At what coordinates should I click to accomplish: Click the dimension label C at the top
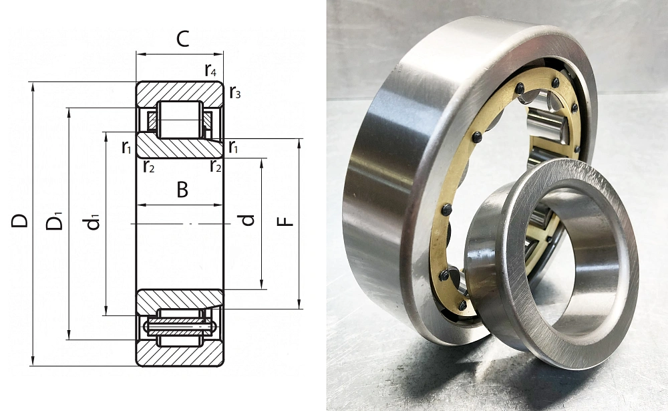coord(182,39)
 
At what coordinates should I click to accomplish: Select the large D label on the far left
coord(19,221)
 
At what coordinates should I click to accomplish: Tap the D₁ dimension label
coord(55,221)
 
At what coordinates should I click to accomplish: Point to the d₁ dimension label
coord(92,222)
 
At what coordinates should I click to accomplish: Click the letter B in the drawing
coord(182,190)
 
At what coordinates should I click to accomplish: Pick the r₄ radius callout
coord(210,70)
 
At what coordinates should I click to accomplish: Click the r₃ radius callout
coord(234,92)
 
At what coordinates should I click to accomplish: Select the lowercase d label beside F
coord(247,220)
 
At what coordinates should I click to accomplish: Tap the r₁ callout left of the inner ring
coord(126,148)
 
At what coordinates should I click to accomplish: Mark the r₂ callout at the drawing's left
coord(149,166)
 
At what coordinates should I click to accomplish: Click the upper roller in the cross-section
coord(180,120)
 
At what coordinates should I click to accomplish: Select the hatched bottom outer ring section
coord(180,353)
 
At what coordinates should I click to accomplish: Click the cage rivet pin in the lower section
coord(180,327)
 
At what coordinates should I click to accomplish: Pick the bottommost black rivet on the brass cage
coord(463,305)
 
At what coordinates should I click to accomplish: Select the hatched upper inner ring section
coord(180,148)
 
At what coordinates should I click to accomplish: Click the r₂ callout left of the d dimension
coord(216,166)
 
